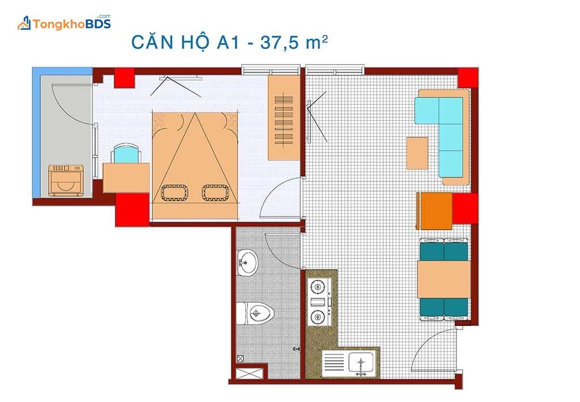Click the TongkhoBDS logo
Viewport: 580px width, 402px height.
[65, 23]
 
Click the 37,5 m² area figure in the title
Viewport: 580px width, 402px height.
[294, 42]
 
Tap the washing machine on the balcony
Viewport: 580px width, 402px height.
[66, 180]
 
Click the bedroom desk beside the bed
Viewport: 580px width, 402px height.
[126, 177]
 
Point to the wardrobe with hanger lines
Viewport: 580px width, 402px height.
[284, 118]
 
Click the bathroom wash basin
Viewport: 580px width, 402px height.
[247, 263]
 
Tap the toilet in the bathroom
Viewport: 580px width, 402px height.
[255, 313]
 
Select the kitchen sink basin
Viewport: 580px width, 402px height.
[361, 362]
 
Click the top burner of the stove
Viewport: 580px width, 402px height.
[317, 286]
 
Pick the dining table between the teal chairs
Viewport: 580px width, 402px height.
[443, 279]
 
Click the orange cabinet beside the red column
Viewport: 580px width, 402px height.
[434, 211]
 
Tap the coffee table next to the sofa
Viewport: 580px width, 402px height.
[417, 153]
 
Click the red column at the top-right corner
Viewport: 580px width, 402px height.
[468, 78]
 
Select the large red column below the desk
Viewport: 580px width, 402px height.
[132, 210]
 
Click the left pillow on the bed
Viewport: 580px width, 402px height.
[174, 193]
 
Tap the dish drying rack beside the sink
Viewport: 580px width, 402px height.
[334, 362]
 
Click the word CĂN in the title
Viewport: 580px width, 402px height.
[152, 41]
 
